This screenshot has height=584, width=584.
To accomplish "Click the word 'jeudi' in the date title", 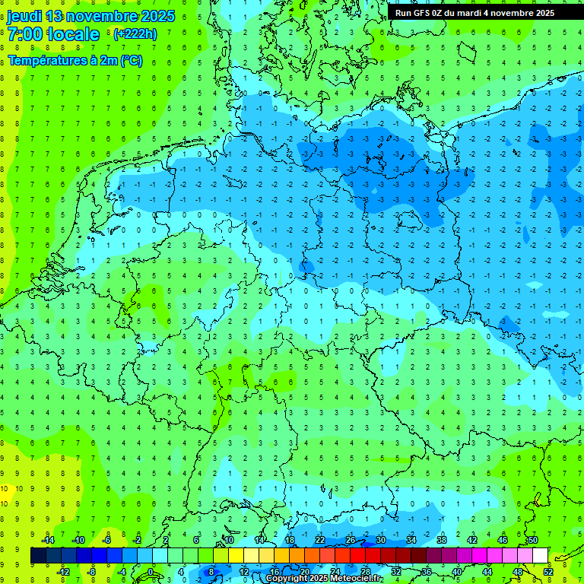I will pyautogui.click(x=24, y=16).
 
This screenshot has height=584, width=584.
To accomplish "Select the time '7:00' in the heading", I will pyautogui.click(x=27, y=34).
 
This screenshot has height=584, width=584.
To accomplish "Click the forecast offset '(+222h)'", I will pyautogui.click(x=135, y=34).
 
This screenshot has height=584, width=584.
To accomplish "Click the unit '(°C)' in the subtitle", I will pyautogui.click(x=130, y=61).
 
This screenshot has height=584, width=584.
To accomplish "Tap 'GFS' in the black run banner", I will pyautogui.click(x=423, y=13).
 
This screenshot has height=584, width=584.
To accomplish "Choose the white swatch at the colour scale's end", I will pyautogui.click(x=540, y=556).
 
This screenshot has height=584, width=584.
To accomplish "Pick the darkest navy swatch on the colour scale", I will pyautogui.click(x=38, y=556).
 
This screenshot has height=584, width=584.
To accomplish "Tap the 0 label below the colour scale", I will pyautogui.click(x=151, y=572).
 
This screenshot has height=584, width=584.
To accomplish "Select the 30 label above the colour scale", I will pyautogui.click(x=381, y=540).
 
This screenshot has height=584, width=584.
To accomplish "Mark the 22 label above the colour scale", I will pyautogui.click(x=320, y=540).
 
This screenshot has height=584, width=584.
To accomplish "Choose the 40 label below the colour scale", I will pyautogui.click(x=457, y=572).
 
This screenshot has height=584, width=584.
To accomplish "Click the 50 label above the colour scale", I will pyautogui.click(x=533, y=540).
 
